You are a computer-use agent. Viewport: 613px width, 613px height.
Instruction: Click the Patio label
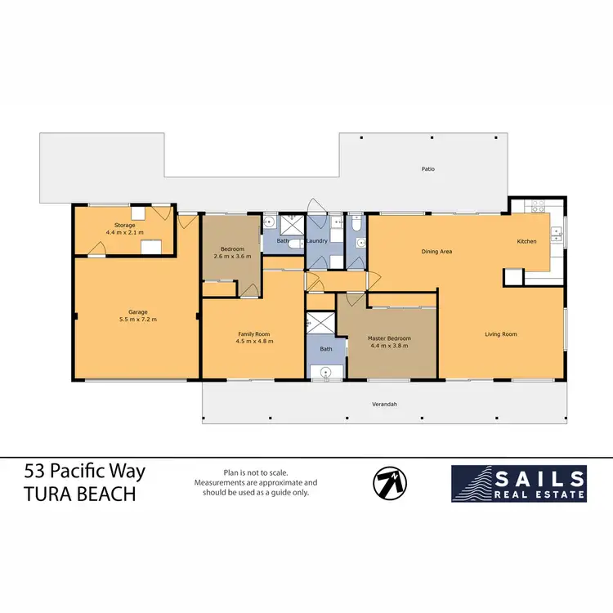click(x=427, y=169)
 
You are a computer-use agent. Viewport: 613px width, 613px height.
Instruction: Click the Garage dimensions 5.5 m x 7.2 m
click(x=137, y=319)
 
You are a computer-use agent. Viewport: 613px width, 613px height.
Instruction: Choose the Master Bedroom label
click(x=389, y=338)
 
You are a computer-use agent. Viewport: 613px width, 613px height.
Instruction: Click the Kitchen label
click(x=527, y=242)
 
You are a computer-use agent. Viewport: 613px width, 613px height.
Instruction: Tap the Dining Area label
click(x=436, y=252)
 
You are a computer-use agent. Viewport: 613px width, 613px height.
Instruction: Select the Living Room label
click(x=501, y=333)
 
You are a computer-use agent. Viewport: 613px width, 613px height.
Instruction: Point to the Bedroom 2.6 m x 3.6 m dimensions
click(x=231, y=257)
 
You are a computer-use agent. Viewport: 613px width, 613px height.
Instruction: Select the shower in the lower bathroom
click(x=320, y=323)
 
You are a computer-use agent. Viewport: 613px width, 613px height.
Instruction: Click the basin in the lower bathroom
click(x=326, y=373)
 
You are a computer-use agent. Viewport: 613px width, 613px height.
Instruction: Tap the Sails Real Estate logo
click(x=519, y=483)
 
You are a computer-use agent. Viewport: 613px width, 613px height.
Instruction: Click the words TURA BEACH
click(x=80, y=495)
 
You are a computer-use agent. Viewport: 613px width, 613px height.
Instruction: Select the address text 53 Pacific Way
click(x=85, y=472)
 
